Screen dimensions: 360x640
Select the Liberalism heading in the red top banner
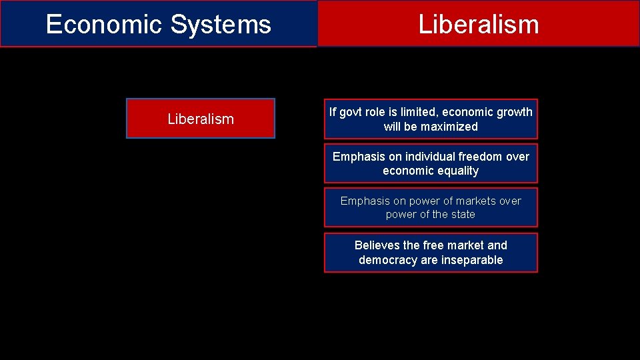(478, 25)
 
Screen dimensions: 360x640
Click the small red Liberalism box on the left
(201, 119)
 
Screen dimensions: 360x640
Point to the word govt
(353, 112)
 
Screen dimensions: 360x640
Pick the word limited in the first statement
(419, 112)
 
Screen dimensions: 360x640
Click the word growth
(515, 112)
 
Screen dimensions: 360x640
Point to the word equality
(454, 171)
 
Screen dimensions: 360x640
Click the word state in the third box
(463, 215)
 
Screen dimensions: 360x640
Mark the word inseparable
(471, 260)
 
